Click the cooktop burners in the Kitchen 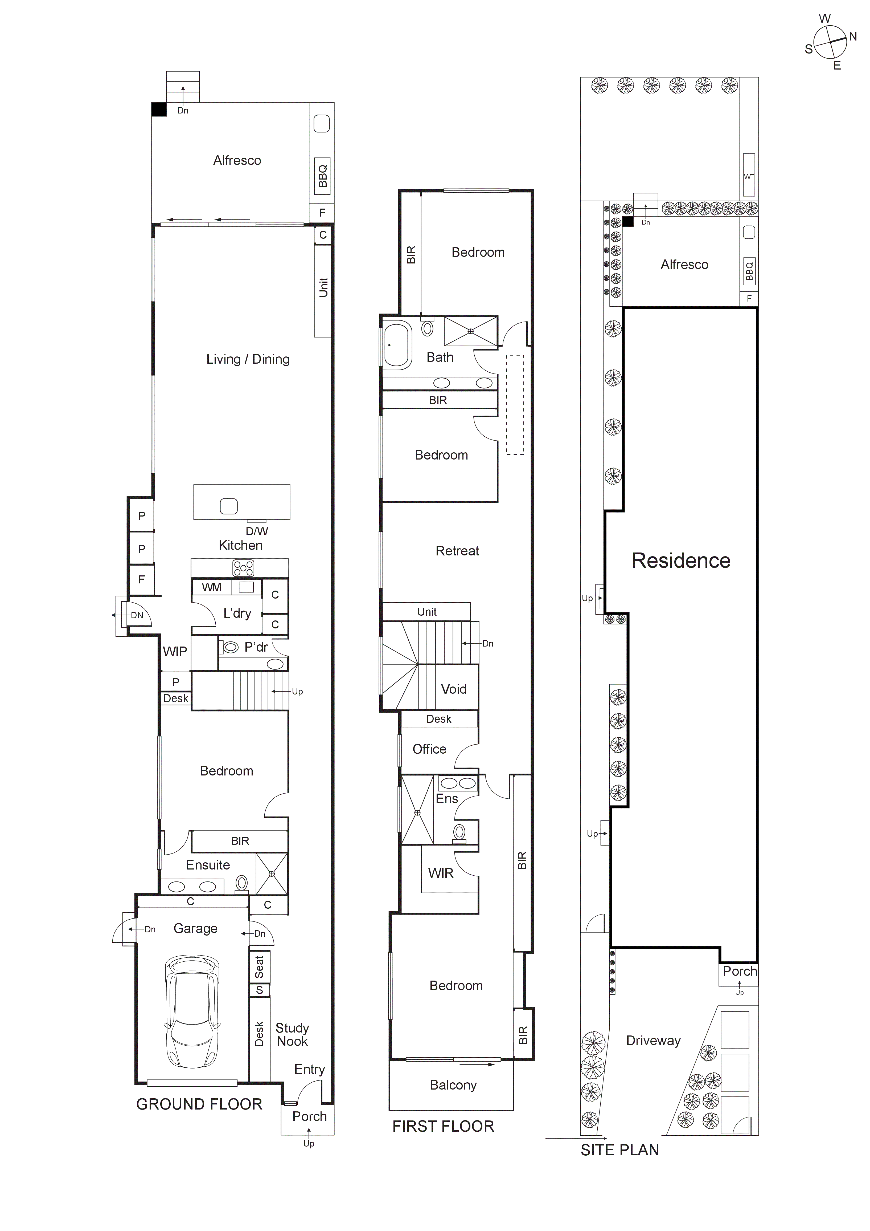(243, 568)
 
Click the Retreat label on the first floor (457, 551)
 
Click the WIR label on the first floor (440, 874)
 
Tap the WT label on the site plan (748, 176)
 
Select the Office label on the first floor (429, 749)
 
